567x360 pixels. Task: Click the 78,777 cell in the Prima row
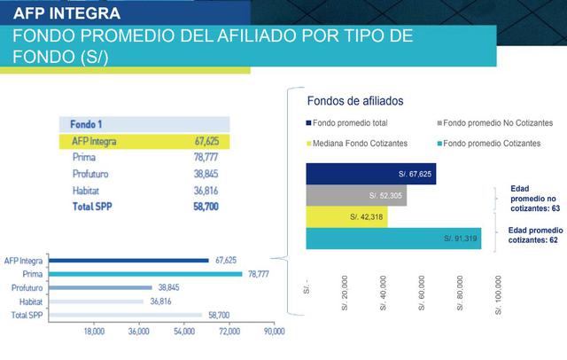pyautogui.click(x=206, y=157)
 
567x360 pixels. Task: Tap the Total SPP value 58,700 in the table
pyautogui.click(x=206, y=206)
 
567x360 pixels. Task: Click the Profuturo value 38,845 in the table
pyautogui.click(x=206, y=174)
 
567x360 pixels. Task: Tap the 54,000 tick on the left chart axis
pyautogui.click(x=184, y=331)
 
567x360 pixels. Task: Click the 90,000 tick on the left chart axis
pyautogui.click(x=274, y=331)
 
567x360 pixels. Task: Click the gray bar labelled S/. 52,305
pyautogui.click(x=356, y=195)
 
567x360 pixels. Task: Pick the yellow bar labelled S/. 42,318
pyautogui.click(x=346, y=216)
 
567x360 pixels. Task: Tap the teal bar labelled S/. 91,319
pyautogui.click(x=393, y=239)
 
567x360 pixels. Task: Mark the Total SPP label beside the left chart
pyautogui.click(x=27, y=315)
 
